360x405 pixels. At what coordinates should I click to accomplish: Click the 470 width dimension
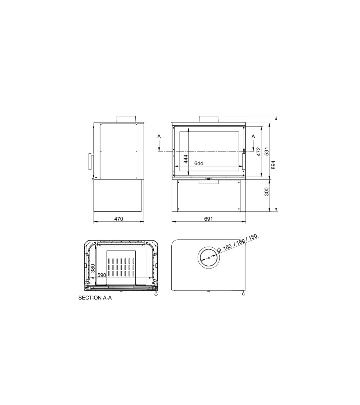(x=118, y=219)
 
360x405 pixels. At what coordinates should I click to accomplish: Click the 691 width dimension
(x=208, y=219)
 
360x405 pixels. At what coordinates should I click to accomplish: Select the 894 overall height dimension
(x=274, y=165)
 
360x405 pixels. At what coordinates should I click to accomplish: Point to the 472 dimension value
(x=258, y=152)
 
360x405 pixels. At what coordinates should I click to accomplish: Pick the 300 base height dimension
(x=266, y=192)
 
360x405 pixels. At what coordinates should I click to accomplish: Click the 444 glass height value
(x=185, y=159)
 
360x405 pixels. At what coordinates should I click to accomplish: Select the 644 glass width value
(x=199, y=163)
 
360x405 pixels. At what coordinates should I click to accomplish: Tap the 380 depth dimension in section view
(x=93, y=268)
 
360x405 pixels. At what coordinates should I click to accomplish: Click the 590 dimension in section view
(x=102, y=275)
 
